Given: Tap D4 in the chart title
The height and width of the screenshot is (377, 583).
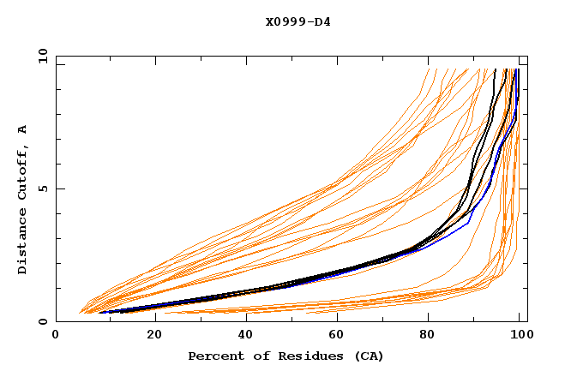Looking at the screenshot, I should click(x=322, y=21).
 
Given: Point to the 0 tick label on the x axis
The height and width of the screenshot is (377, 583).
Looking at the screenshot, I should click(x=56, y=337).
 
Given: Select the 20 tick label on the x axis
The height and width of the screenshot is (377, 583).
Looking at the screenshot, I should click(x=148, y=337).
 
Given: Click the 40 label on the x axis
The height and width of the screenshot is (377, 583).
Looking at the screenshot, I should click(x=242, y=337).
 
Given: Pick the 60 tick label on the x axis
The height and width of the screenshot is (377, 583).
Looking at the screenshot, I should click(x=334, y=337).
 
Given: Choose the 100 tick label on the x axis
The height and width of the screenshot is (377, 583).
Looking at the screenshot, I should click(x=520, y=337).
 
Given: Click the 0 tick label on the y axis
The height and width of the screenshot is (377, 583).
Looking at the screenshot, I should click(x=42, y=322).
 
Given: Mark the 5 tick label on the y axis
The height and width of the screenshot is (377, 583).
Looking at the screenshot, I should click(x=42, y=188).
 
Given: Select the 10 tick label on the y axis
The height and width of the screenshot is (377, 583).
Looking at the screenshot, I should click(x=39, y=56).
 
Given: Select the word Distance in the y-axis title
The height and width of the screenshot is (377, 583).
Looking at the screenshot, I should click(x=23, y=244).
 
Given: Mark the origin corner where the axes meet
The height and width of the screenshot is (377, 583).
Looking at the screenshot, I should click(x=56, y=322).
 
